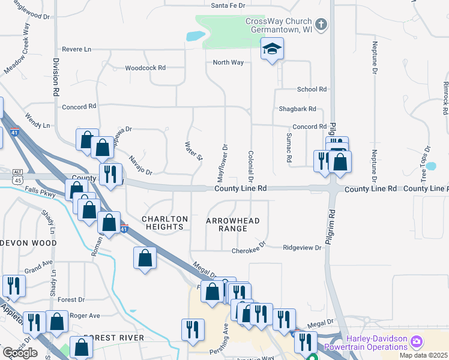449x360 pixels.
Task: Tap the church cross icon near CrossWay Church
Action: click(x=321, y=25)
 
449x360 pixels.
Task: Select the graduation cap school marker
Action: click(x=272, y=49)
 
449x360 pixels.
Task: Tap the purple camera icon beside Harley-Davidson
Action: click(x=417, y=343)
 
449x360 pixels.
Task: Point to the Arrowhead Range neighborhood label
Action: click(x=233, y=224)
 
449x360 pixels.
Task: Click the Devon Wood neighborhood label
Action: click(x=28, y=243)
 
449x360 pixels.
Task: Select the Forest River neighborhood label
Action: click(x=114, y=338)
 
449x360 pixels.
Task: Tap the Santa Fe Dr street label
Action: click(x=228, y=5)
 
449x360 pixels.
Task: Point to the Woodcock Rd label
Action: click(x=145, y=68)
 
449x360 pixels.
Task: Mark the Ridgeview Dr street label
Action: click(x=302, y=247)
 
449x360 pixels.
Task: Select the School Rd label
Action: click(x=312, y=89)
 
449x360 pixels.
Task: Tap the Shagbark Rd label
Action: click(x=297, y=109)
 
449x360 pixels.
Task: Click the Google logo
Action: click(x=20, y=353)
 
